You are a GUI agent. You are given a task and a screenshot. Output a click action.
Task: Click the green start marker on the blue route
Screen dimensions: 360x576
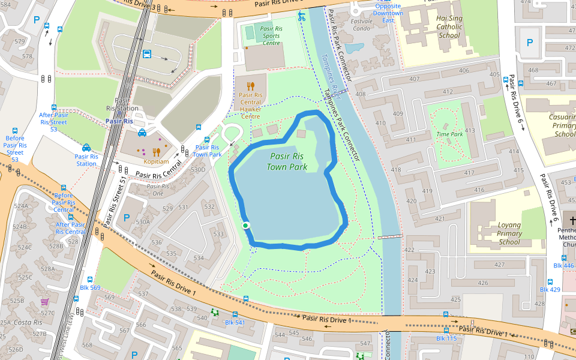point(245,226)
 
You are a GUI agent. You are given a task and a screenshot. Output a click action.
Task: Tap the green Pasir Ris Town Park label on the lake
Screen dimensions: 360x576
point(286,161)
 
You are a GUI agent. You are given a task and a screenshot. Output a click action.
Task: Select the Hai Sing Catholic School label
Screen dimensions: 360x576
point(449,27)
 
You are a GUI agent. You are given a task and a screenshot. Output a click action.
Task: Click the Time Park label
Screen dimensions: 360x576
point(449,134)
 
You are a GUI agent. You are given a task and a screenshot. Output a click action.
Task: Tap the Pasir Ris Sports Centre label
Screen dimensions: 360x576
point(271,35)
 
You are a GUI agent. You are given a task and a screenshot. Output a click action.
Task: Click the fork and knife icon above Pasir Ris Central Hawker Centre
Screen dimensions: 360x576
point(250,86)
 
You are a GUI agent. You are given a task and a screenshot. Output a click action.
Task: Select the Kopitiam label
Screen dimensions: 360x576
point(155,161)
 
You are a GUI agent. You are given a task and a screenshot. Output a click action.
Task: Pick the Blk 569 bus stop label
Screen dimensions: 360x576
point(90,288)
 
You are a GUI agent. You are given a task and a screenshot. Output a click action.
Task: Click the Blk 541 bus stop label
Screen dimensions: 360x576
point(235,323)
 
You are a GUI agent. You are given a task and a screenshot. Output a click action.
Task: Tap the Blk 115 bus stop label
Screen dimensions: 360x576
point(446,338)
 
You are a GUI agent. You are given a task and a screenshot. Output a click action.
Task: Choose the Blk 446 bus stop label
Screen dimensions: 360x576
point(563,265)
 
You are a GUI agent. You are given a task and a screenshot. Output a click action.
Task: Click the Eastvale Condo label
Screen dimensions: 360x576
point(361,25)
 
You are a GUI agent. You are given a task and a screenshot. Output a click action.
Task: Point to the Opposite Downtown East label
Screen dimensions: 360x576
point(388,13)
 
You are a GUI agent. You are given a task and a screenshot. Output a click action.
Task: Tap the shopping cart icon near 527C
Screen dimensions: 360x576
point(44,302)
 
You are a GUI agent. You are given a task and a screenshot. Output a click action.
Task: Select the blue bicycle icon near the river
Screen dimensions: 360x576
point(302,16)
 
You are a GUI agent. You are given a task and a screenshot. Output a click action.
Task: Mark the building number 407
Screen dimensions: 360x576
point(414,79)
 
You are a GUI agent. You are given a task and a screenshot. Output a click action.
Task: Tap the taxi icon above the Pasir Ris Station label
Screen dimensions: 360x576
point(86,148)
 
